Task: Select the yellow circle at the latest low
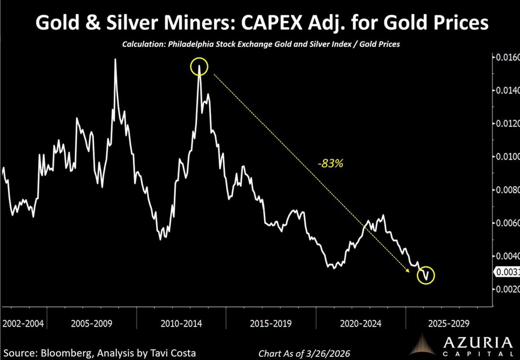pos(426,275)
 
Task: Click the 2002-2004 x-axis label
pos(23,324)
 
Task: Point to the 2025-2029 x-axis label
pos(448,324)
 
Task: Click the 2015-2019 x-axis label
pos(271,324)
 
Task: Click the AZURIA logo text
pos(474,344)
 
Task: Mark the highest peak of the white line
pos(115,59)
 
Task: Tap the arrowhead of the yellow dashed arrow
pos(408,271)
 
